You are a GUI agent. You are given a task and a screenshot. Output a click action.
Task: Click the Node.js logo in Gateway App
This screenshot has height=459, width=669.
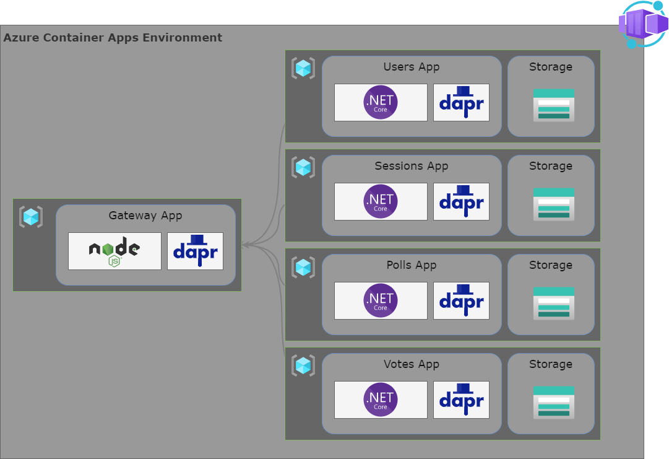click(x=114, y=251)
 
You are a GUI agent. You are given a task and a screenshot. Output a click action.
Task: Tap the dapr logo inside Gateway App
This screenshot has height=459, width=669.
click(x=195, y=251)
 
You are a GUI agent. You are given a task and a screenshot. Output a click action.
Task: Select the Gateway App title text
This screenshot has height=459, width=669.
click(x=145, y=216)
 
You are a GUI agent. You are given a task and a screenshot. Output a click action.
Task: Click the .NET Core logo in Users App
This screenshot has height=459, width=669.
click(x=381, y=102)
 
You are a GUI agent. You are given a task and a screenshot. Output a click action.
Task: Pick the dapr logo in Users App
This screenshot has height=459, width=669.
click(x=461, y=102)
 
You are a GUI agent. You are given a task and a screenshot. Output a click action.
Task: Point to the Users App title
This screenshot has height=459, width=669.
click(x=412, y=67)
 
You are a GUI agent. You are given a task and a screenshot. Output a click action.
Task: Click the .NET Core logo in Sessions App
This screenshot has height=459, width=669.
click(x=381, y=201)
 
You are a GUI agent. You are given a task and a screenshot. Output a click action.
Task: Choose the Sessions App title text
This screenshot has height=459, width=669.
click(x=412, y=166)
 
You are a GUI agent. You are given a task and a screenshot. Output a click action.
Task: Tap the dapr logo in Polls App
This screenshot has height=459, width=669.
click(x=461, y=300)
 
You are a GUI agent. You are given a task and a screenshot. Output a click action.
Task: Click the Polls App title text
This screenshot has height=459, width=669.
click(x=412, y=265)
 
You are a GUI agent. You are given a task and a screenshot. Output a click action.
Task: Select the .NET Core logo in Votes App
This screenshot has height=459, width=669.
click(x=381, y=400)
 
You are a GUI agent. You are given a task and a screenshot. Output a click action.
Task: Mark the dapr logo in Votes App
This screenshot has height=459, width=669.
click(x=461, y=400)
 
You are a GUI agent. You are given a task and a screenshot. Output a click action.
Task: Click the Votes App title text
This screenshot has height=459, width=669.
click(x=412, y=364)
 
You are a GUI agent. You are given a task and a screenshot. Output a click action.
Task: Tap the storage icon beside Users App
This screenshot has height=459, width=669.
click(x=554, y=105)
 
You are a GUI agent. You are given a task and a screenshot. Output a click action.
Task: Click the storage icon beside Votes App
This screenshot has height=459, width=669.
click(x=554, y=402)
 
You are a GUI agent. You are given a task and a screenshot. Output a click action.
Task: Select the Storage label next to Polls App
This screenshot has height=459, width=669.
click(x=551, y=265)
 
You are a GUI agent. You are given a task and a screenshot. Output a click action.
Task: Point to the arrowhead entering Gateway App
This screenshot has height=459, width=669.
click(x=245, y=245)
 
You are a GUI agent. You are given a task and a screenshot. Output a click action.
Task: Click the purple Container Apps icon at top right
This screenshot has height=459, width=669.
click(x=642, y=24)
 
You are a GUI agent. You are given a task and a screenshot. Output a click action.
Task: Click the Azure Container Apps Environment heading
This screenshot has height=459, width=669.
click(x=113, y=37)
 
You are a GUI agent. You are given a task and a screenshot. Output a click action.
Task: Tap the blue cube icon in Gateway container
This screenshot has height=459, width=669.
click(x=31, y=217)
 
